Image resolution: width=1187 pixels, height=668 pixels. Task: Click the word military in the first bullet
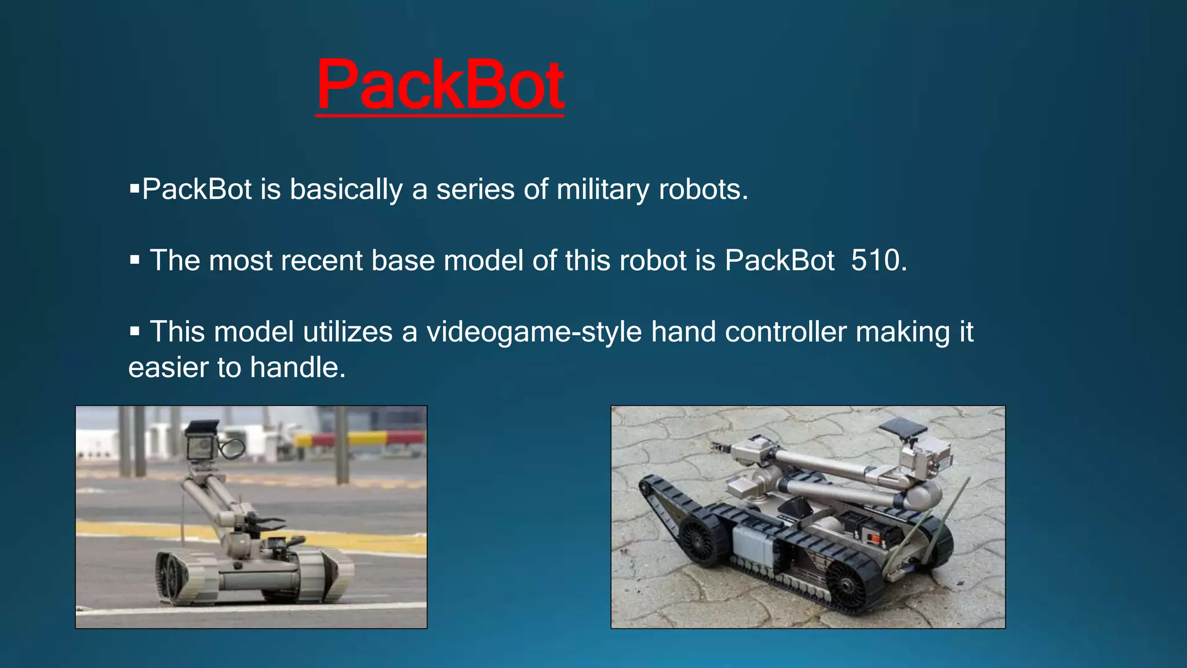click(603, 190)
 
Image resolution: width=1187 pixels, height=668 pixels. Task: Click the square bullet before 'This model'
click(135, 332)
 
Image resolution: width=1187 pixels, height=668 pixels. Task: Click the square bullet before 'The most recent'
click(135, 260)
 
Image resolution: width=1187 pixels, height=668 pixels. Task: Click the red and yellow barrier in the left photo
click(359, 439)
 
